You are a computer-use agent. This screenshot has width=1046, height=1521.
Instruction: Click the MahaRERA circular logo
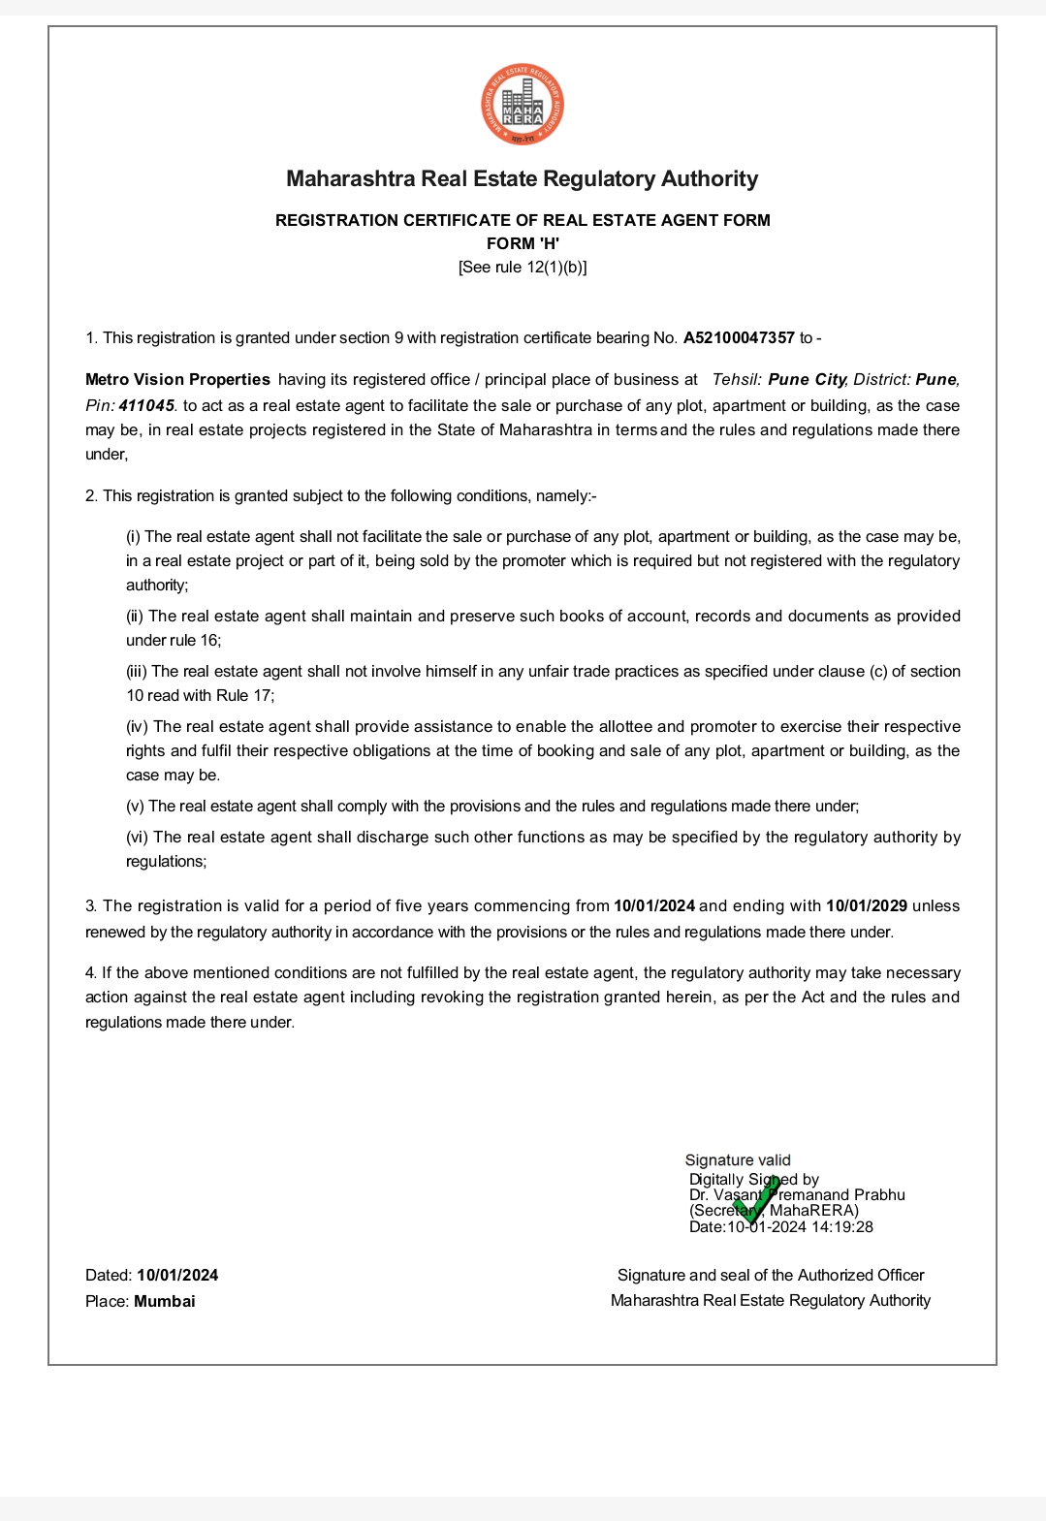tap(523, 105)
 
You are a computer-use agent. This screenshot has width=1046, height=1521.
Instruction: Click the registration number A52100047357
tap(739, 338)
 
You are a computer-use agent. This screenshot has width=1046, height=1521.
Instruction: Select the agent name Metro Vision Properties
tap(177, 380)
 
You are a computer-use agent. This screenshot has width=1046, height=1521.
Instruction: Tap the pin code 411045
tap(146, 406)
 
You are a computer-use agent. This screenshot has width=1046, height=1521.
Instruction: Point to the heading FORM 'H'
tap(523, 243)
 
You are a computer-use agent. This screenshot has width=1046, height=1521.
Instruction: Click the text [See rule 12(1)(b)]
tap(523, 268)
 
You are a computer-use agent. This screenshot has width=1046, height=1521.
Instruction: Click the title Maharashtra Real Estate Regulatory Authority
tap(522, 179)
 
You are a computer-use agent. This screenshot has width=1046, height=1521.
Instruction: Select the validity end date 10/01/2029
tap(866, 906)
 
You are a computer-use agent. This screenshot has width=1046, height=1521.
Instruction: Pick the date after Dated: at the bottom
tap(177, 1276)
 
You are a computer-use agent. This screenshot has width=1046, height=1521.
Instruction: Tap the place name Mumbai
tap(165, 1301)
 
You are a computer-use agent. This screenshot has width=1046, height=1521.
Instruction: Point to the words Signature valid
tap(738, 1160)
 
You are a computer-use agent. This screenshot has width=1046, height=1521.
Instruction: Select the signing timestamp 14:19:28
tap(842, 1227)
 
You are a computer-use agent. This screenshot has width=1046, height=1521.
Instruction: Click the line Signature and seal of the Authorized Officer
tap(771, 1276)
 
